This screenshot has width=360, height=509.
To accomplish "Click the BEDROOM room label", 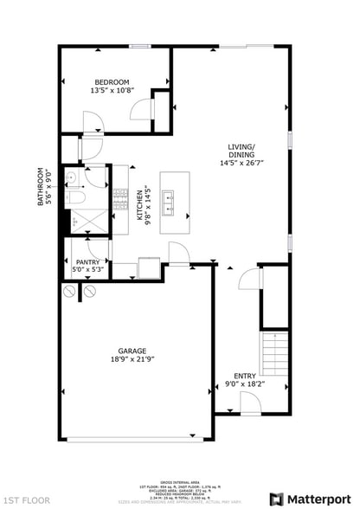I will [112, 82].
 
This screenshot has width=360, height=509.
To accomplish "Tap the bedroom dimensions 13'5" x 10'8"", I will [112, 90].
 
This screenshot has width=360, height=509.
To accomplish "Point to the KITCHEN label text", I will [140, 204].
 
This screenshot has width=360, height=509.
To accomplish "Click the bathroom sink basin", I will [74, 179].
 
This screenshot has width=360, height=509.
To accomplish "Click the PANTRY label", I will [87, 261].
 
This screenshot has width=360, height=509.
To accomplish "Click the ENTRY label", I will [244, 376].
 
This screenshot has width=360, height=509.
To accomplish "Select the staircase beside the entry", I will [274, 360].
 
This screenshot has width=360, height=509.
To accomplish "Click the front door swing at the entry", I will [250, 401].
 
